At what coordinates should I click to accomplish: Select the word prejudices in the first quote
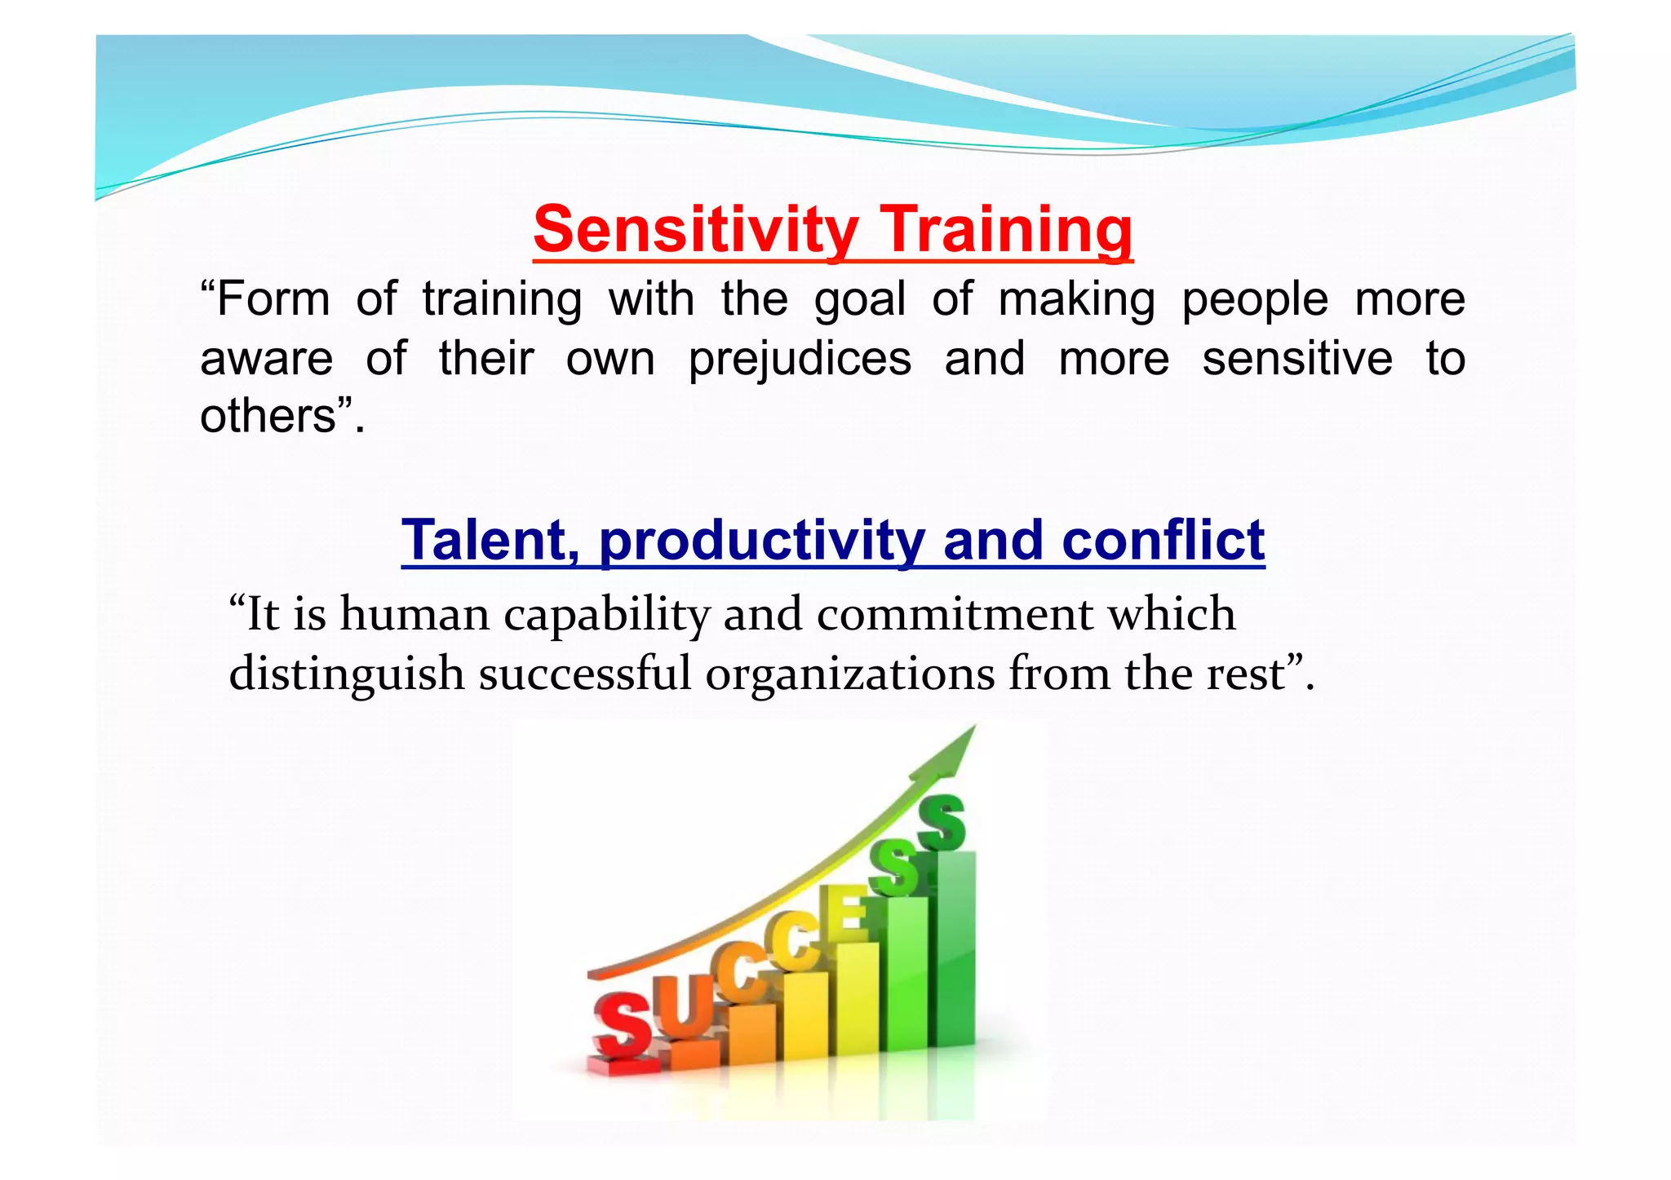pyautogui.click(x=800, y=359)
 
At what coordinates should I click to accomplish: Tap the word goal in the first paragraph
pyautogui.click(x=860, y=299)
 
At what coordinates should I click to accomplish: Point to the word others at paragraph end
pyautogui.click(x=268, y=416)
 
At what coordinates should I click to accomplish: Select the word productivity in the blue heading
pyautogui.click(x=762, y=541)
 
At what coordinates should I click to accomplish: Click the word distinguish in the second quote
pyautogui.click(x=347, y=675)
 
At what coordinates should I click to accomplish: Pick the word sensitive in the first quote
pyautogui.click(x=1297, y=359)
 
